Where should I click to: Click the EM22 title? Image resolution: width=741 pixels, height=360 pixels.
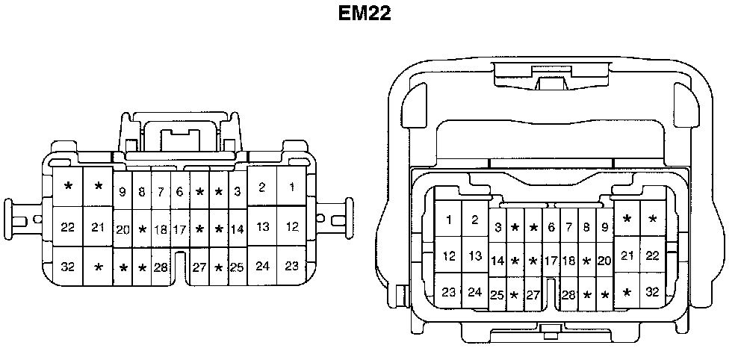tap(365, 14)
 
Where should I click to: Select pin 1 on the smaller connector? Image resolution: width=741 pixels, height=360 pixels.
tap(292, 187)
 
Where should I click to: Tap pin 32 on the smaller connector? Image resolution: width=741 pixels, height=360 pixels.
tap(68, 265)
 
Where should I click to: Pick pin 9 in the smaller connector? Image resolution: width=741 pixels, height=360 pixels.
tap(123, 192)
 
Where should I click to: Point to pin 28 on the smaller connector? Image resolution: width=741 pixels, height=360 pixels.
tap(161, 267)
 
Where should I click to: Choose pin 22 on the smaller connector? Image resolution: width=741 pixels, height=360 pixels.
tap(68, 227)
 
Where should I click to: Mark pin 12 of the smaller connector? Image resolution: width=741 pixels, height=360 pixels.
tap(292, 226)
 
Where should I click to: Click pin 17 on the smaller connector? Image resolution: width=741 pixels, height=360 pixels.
tap(179, 229)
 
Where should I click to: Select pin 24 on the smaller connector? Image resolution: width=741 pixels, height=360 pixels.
tap(262, 265)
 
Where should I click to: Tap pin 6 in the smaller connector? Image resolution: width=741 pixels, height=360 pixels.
tap(179, 192)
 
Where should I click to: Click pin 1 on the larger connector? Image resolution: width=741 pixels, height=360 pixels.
tap(449, 220)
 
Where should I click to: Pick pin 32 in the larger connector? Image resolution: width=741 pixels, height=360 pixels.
tap(653, 292)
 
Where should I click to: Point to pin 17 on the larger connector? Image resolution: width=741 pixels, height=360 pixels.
tap(551, 261)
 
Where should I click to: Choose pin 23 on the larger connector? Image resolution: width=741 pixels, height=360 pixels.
tap(449, 292)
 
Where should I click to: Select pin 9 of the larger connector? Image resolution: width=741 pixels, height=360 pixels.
tap(604, 227)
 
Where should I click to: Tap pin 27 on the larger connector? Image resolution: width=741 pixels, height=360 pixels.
tap(533, 295)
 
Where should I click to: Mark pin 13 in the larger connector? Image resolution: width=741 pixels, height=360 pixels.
tap(475, 256)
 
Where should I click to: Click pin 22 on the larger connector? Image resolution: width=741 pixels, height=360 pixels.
tap(653, 256)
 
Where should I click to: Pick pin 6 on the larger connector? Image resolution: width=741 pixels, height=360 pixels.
tap(551, 227)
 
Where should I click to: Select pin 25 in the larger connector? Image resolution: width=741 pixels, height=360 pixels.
tap(497, 295)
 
